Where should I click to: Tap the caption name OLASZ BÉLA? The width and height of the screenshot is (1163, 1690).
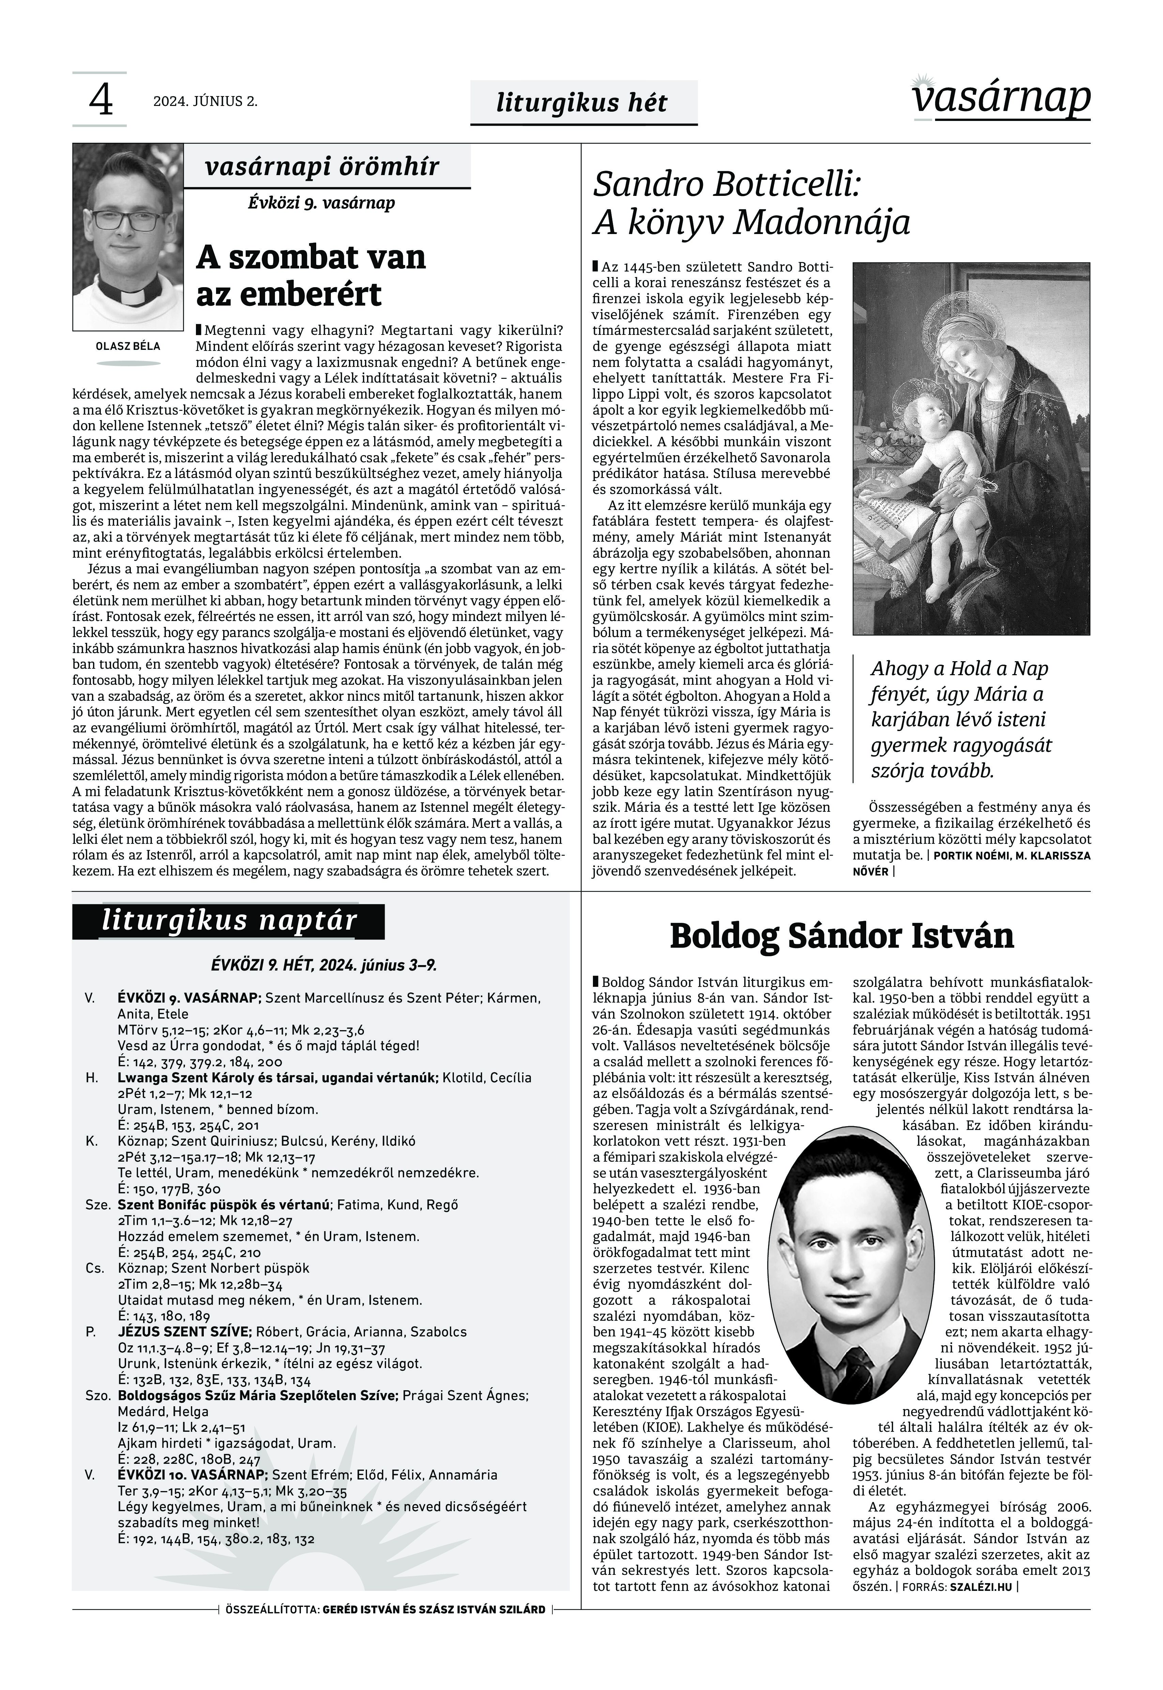click(x=128, y=346)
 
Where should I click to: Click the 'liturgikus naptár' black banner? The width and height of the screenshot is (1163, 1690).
click(x=228, y=921)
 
